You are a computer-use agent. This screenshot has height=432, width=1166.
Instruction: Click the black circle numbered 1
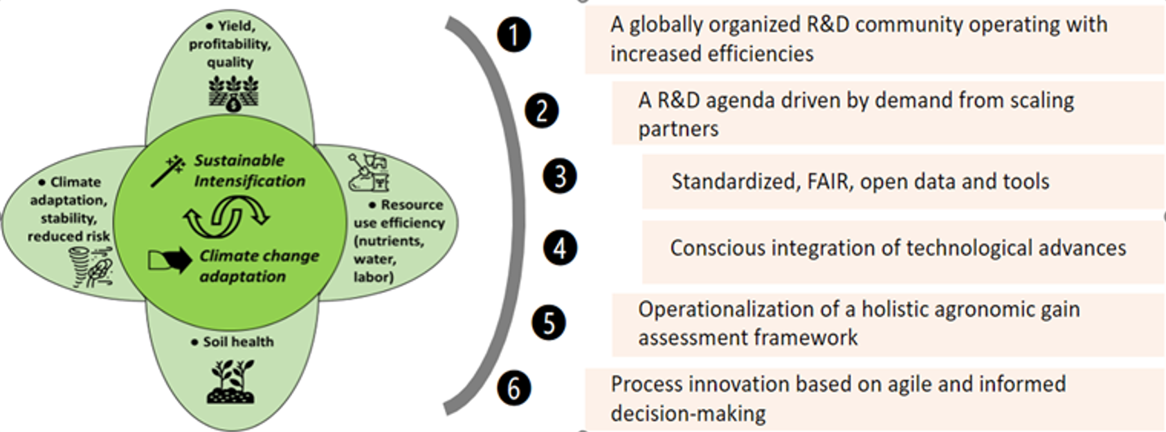pos(514,35)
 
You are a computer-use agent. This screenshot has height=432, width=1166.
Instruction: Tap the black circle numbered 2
pos(542,111)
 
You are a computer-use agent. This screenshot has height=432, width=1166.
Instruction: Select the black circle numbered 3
pos(560,176)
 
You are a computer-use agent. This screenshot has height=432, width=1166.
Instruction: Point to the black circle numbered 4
pos(560,248)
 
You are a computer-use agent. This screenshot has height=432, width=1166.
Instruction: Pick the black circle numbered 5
pos(549,323)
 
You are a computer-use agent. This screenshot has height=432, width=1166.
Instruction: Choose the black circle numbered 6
pos(514,388)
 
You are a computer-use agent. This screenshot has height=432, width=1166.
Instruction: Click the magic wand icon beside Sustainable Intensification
pos(168,171)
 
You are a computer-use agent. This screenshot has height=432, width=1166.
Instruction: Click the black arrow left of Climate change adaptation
pos(170,259)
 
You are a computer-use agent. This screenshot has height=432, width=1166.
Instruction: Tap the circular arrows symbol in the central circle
pos(226,217)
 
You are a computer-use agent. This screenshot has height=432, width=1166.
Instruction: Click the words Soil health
pos(239,341)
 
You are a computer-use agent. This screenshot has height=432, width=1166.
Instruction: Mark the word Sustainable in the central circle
pos(239,160)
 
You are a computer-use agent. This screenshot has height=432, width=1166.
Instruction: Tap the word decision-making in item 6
pos(688,414)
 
